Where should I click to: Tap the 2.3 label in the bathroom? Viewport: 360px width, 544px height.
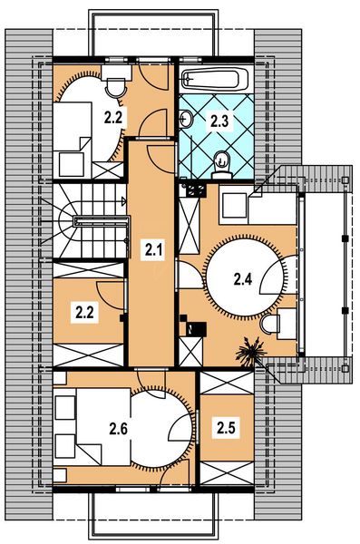coord(220,121)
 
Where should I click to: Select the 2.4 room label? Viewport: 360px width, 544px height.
coord(242,279)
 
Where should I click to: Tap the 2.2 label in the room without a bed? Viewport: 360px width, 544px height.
coord(84,312)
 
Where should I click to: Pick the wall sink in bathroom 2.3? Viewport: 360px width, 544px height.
coord(185,118)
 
